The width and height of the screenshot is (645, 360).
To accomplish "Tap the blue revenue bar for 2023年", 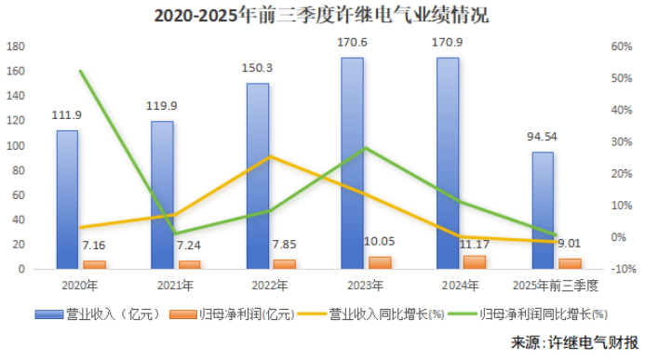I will [x=352, y=163].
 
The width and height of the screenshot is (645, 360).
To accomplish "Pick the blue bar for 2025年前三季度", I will [x=543, y=210].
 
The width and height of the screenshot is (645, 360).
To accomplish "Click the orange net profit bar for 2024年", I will [x=475, y=262].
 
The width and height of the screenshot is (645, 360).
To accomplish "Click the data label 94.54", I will [x=542, y=137].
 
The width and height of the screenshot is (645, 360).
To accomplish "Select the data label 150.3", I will [x=257, y=68].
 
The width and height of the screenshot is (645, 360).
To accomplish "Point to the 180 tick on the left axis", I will [x=16, y=47].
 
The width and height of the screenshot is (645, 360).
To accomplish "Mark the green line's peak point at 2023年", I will [x=365, y=148].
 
